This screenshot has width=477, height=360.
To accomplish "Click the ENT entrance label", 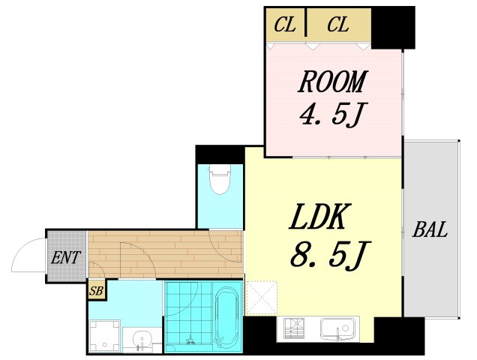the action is (x=66, y=257).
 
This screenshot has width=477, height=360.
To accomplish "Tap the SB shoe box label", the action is (x=97, y=291).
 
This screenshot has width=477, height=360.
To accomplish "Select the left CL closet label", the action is (x=285, y=25).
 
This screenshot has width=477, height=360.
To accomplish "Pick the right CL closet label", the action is (x=338, y=25).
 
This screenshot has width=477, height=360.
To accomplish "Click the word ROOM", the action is (x=333, y=82).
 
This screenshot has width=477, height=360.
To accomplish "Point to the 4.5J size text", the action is (x=334, y=114).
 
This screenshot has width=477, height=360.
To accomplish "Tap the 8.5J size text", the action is (x=330, y=256).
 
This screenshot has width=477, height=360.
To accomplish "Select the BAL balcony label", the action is (x=430, y=229).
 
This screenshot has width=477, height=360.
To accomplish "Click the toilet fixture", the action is (x=220, y=180).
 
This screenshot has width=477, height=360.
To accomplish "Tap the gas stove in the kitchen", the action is (x=294, y=328).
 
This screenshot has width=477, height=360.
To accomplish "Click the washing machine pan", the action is (x=105, y=336).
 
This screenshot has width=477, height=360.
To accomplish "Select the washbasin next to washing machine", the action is (x=142, y=339).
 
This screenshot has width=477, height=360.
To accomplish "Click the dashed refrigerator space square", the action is (x=262, y=298).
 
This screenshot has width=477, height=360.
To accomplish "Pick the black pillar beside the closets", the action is (x=393, y=28).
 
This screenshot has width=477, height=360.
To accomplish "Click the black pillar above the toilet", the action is (x=220, y=155).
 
